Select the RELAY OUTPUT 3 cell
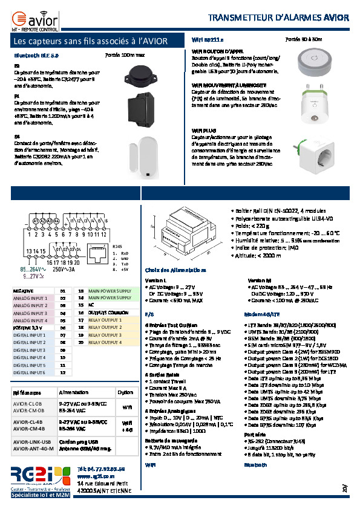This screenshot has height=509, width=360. pyautogui.click(x=105, y=335)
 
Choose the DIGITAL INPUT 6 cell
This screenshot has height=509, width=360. pyautogui.click(x=29, y=372)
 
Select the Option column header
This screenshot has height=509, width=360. pyautogui.click(x=125, y=392)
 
